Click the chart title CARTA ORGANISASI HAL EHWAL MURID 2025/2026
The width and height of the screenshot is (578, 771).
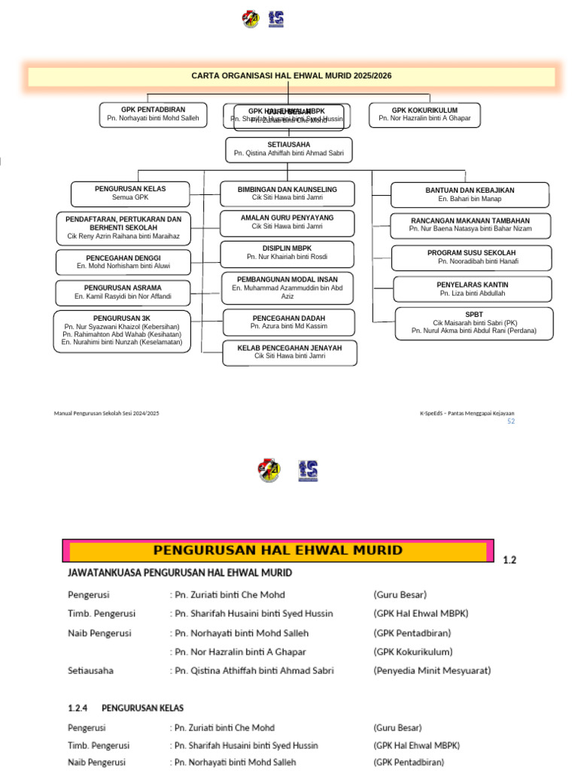291,76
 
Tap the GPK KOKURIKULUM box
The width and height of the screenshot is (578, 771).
424,114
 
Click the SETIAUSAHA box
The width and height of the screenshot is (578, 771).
288,149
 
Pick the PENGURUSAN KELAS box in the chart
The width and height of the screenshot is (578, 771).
130,194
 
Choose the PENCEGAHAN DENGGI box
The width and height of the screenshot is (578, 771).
123,262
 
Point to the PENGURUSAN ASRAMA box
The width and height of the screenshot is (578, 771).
123,292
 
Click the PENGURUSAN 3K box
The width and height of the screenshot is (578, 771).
122,331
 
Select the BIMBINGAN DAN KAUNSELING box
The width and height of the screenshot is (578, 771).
287,194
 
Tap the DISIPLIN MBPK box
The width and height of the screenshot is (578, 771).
287,253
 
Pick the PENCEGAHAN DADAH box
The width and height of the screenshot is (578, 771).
288,322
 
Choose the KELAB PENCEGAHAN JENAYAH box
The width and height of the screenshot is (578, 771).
289,352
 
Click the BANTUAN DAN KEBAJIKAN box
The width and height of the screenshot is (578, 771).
470,195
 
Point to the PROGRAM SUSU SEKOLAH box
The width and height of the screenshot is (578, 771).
471,258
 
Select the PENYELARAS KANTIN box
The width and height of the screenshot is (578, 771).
472,289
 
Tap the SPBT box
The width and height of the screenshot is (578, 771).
473,322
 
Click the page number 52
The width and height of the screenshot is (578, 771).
511,422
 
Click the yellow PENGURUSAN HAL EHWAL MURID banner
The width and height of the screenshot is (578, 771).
278,550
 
